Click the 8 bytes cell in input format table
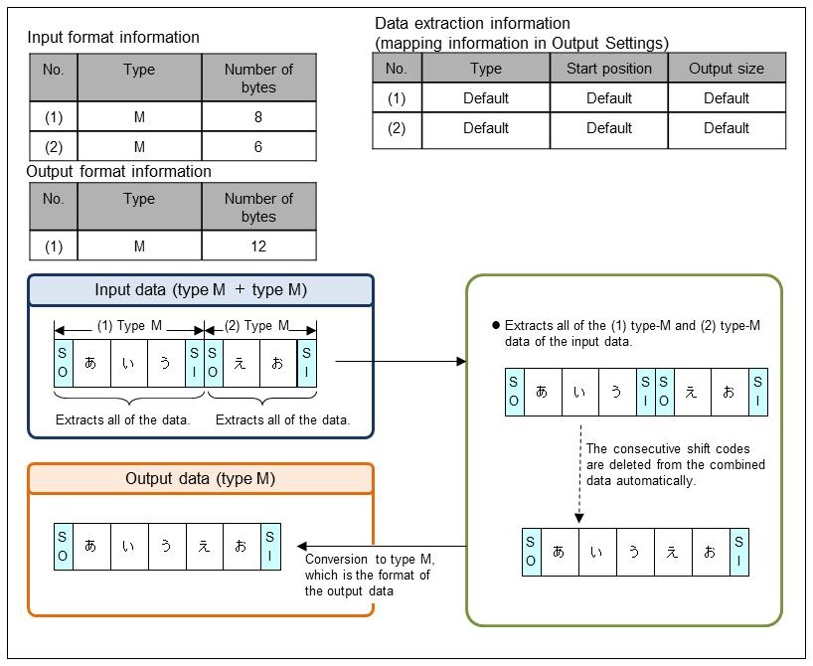[x=258, y=116]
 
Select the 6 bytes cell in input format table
[x=258, y=146]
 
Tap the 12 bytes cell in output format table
[x=258, y=246]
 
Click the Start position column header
[x=608, y=69]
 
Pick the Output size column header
[x=727, y=69]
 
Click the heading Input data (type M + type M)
[x=201, y=290]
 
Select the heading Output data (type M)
[x=201, y=479]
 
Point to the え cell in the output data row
[x=204, y=547]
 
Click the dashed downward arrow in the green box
[x=578, y=472]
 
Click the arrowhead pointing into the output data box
[x=301, y=546]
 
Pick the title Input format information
[x=113, y=38]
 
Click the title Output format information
[x=119, y=171]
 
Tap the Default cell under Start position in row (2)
[x=608, y=128]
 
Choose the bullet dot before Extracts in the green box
[x=495, y=326]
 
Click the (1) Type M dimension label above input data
[x=129, y=326]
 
